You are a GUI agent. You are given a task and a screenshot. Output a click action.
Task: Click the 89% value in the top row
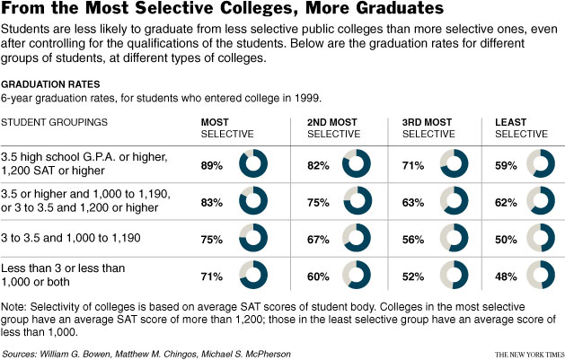pyautogui.click(x=212, y=165)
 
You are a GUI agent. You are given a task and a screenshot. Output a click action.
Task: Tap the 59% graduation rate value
pyautogui.click(x=506, y=165)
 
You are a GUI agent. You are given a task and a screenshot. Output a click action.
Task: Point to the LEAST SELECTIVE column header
pyautogui.click(x=521, y=127)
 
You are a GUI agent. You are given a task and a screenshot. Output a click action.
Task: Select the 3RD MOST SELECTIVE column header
pyautogui.click(x=429, y=127)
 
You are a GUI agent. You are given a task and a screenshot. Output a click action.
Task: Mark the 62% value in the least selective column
pyautogui.click(x=506, y=202)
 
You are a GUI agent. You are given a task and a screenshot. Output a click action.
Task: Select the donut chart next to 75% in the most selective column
pyautogui.click(x=253, y=239)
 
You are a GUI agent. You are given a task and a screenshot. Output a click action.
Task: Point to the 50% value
pyautogui.click(x=506, y=239)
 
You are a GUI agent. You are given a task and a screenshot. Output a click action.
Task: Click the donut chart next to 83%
pyautogui.click(x=253, y=202)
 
